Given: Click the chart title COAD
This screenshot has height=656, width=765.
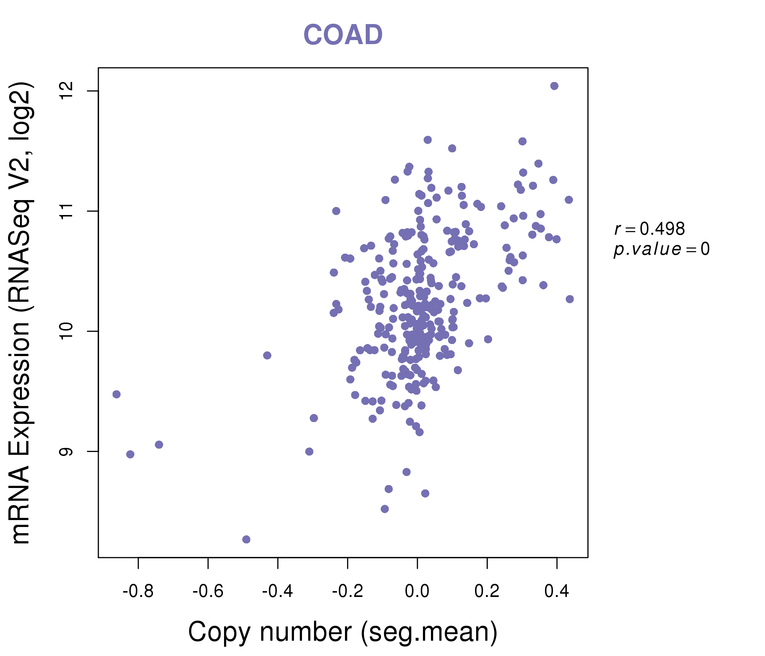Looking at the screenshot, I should point(343,35).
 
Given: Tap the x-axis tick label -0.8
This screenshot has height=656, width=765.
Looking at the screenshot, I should point(138,591).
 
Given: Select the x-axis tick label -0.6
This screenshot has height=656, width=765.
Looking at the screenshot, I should point(208,591).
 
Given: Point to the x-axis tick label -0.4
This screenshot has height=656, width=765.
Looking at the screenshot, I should point(278,591).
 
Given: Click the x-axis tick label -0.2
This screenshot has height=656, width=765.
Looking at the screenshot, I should point(348,591).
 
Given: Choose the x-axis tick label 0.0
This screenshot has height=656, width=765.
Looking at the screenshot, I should point(417,591).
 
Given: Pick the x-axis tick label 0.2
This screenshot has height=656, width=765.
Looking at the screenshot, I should point(487,591).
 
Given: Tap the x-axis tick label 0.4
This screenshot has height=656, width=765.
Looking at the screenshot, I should point(557,591).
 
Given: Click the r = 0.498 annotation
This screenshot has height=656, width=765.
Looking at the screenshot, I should point(650,229).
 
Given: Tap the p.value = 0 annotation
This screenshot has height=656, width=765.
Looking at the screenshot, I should point(661,249).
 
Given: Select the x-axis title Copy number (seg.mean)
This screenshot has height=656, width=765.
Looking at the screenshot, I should point(343,632).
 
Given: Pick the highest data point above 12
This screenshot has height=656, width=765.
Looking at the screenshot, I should point(554,86).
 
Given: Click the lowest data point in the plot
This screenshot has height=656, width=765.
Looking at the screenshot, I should point(246,540).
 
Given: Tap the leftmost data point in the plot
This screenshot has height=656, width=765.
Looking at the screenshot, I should point(116,394).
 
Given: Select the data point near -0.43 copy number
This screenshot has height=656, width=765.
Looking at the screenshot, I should point(267,355).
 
